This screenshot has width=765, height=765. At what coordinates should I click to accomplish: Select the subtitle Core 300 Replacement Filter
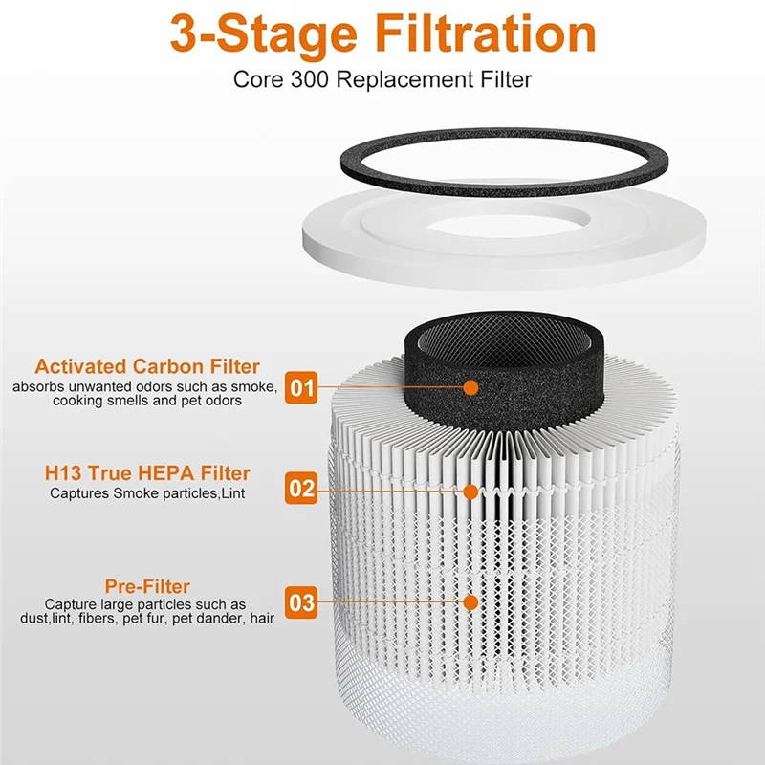coord(382,78)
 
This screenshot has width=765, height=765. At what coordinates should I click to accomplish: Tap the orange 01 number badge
coord(302,387)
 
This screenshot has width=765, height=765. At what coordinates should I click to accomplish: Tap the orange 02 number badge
coord(302,490)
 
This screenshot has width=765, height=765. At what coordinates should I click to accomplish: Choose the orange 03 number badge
coord(302,602)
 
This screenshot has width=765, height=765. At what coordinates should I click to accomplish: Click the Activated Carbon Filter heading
coord(147,366)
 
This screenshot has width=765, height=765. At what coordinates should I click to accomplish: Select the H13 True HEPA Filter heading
coord(147,473)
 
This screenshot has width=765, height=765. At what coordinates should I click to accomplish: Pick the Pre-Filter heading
coord(147,586)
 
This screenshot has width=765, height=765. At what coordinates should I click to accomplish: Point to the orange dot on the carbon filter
coord(470,387)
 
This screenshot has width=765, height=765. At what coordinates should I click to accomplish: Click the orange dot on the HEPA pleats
coord(470,490)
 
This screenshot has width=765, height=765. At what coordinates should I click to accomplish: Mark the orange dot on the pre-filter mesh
coord(470,602)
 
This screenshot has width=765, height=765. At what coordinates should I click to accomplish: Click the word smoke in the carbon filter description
coord(253,386)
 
